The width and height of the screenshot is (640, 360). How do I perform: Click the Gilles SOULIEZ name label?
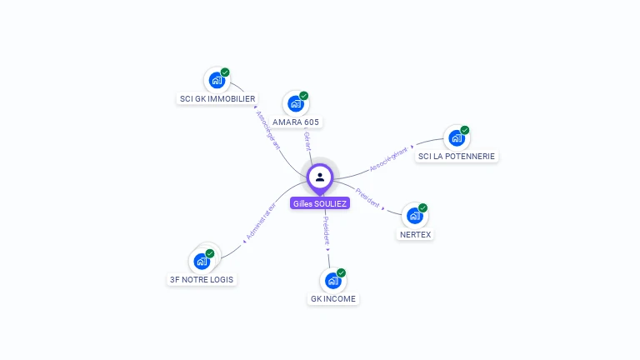320,203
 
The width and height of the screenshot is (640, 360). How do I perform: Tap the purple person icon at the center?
320,177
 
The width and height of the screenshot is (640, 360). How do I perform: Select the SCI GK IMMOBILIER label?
217,98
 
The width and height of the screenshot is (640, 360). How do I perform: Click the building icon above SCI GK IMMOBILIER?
217,81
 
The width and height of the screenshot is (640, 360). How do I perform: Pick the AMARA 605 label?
296,122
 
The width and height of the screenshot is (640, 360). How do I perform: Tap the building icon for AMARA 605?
295,104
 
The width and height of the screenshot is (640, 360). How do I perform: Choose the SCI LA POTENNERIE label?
457,156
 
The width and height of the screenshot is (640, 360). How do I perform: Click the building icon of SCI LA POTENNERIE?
457,138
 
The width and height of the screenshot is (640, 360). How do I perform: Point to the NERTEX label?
415,234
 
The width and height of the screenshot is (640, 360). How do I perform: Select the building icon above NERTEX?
414,216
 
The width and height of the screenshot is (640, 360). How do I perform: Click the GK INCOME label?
333,298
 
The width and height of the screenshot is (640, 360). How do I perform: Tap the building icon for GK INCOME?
332,281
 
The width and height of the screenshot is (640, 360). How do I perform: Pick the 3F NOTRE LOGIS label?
202,279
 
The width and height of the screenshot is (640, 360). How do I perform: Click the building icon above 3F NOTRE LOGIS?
202,262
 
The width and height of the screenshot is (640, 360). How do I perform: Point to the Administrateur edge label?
261,222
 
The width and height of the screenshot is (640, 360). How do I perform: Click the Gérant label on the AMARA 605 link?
307,141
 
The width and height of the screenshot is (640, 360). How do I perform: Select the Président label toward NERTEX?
367,201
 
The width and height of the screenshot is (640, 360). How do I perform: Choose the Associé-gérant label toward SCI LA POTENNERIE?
389,159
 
